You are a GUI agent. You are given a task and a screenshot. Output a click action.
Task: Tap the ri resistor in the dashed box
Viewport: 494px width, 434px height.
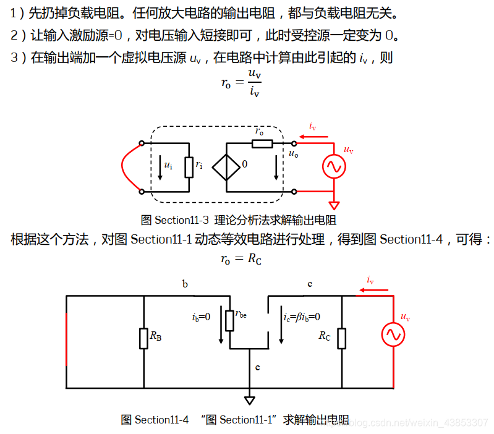pyautogui.click(x=189, y=166)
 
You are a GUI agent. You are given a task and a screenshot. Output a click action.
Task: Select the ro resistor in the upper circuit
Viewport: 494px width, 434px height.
pyautogui.click(x=263, y=143)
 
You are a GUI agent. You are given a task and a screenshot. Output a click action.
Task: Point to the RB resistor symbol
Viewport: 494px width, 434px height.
pyautogui.click(x=144, y=338)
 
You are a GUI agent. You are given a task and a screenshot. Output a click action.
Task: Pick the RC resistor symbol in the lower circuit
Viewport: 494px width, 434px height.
pyautogui.click(x=341, y=338)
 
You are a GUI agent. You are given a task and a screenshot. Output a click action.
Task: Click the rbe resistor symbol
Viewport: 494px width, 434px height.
pyautogui.click(x=230, y=320)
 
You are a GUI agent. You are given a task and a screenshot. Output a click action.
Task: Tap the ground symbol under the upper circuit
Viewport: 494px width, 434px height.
pyautogui.click(x=334, y=204)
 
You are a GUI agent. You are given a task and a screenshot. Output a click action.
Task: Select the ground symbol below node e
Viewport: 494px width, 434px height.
pyautogui.click(x=250, y=400)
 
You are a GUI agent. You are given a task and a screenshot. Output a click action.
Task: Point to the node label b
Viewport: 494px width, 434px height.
pyautogui.click(x=185, y=284)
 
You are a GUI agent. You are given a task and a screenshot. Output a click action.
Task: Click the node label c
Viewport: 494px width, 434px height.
pyautogui.click(x=310, y=284)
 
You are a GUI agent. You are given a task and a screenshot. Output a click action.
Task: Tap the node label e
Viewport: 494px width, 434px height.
pyautogui.click(x=258, y=367)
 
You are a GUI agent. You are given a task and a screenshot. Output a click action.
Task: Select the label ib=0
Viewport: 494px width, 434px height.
pyautogui.click(x=201, y=317)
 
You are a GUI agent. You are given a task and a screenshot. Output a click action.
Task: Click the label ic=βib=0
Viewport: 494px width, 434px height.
pyautogui.click(x=302, y=317)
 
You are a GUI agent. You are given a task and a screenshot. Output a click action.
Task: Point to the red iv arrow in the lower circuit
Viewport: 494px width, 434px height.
pyautogui.click(x=373, y=288)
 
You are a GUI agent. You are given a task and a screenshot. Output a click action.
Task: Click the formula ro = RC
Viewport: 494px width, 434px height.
pyautogui.click(x=241, y=259)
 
